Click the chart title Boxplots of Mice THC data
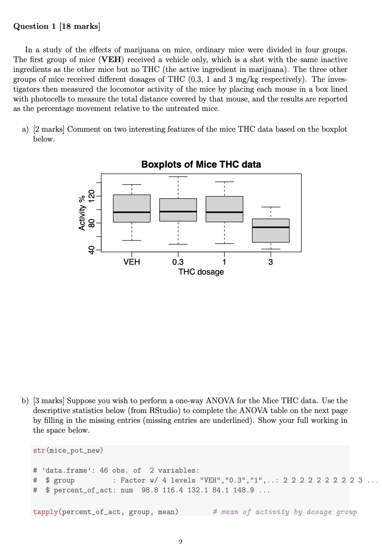click(x=201, y=165)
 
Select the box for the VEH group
click(x=132, y=208)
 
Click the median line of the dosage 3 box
click(x=270, y=227)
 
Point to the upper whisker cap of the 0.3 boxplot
click(x=178, y=177)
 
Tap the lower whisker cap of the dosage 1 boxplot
click(x=224, y=244)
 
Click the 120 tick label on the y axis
click(x=91, y=196)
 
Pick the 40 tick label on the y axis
click(x=91, y=250)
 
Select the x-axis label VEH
click(x=132, y=262)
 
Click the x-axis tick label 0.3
click(x=178, y=262)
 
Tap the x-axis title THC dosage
click(x=201, y=272)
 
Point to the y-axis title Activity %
click(x=82, y=213)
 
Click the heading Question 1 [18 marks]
click(x=57, y=26)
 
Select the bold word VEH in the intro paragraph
click(x=111, y=60)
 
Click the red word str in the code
click(x=39, y=451)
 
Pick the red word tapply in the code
click(x=45, y=512)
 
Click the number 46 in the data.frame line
click(x=104, y=470)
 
